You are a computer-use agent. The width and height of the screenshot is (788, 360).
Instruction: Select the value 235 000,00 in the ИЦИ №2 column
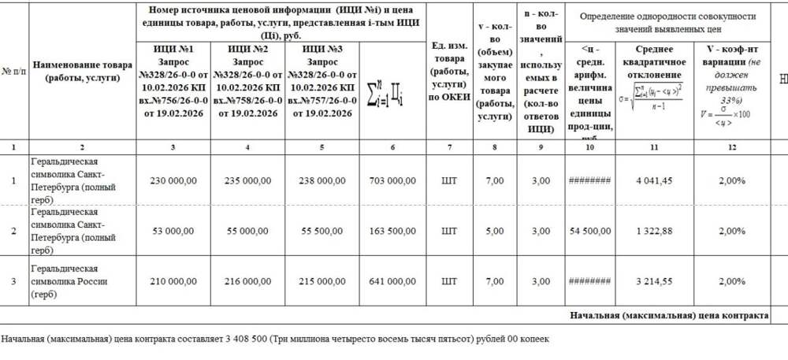tap(249, 180)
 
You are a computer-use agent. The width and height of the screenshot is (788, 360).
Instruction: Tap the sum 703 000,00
tap(392, 180)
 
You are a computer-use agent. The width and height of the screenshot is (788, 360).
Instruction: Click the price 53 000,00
tap(175, 232)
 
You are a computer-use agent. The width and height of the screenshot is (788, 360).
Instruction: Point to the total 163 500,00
tap(392, 232)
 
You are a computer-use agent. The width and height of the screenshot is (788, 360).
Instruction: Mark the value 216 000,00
tap(249, 281)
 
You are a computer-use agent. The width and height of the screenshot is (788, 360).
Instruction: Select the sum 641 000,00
tap(392, 281)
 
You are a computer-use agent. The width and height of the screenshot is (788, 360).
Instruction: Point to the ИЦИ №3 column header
tap(322, 81)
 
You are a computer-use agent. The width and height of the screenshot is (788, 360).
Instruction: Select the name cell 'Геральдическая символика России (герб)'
tap(68, 281)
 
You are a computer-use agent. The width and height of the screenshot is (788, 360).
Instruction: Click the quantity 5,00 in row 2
tap(494, 232)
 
